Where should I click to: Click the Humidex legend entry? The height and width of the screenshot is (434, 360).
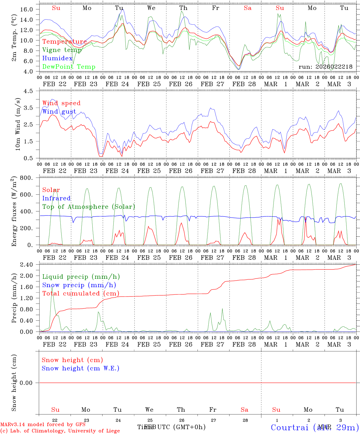[57, 58]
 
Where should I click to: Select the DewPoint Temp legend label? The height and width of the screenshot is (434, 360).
[69, 67]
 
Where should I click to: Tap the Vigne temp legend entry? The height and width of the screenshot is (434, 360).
[62, 50]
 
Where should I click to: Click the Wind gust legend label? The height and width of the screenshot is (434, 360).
[59, 112]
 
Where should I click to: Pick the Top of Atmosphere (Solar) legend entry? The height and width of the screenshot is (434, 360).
[89, 207]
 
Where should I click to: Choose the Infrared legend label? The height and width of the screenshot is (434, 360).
[56, 198]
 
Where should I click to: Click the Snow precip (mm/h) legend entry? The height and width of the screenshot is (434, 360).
[79, 285]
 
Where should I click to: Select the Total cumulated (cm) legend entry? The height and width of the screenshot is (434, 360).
[81, 294]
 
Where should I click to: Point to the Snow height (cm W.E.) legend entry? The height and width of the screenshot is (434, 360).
[80, 368]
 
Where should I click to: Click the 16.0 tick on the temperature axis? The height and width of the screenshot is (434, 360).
[27, 9]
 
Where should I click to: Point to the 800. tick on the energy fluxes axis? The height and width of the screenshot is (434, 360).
[27, 178]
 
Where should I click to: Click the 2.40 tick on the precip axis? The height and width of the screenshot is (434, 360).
[27, 265]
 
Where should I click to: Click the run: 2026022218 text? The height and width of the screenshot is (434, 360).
[325, 67]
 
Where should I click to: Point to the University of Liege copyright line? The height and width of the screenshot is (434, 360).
[60, 431]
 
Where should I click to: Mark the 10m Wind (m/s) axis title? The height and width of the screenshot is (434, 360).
[18, 124]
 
